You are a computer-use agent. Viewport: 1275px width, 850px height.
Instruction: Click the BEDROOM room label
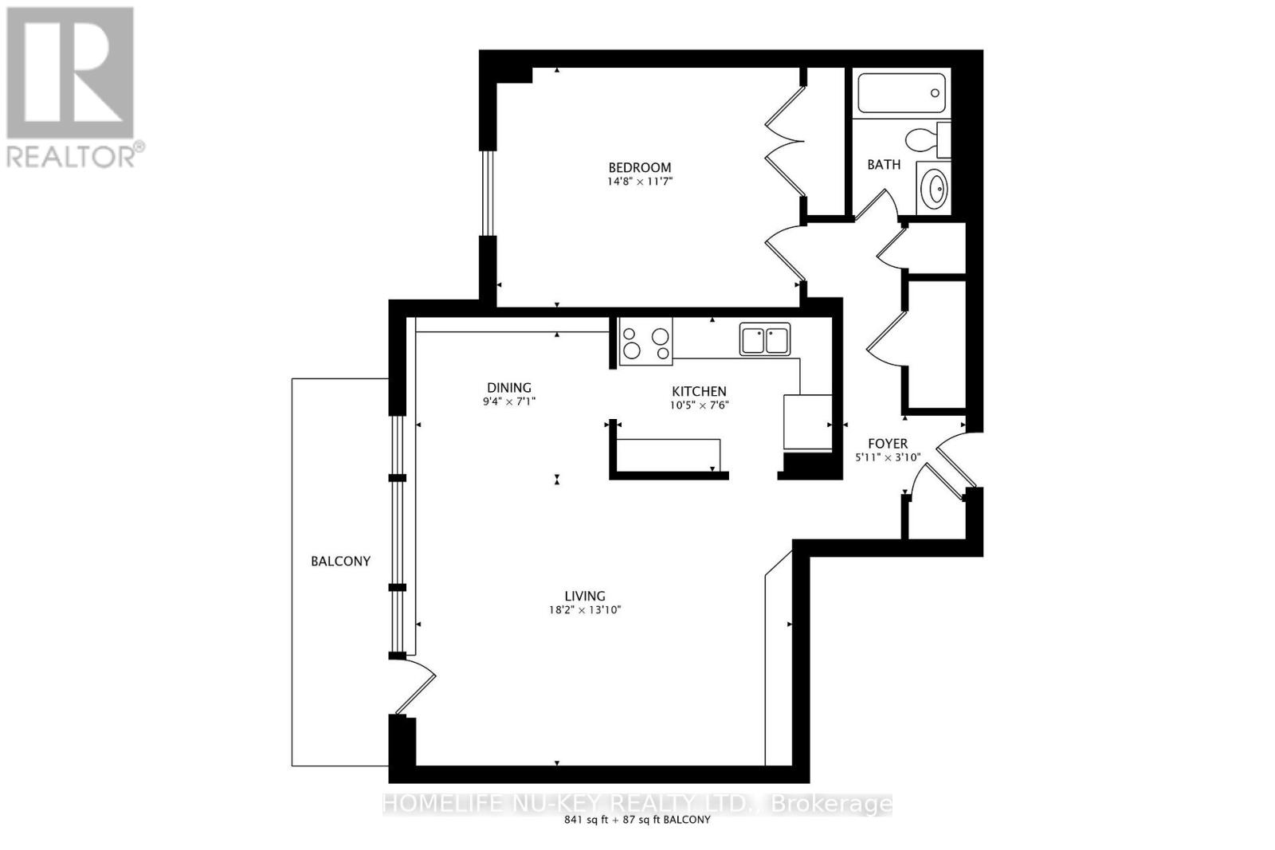[x=639, y=167]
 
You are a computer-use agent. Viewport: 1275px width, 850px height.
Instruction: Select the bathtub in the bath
[x=901, y=93]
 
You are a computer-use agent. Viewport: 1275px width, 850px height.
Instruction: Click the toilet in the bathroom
[x=928, y=139]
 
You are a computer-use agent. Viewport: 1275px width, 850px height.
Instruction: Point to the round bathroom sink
[x=933, y=189]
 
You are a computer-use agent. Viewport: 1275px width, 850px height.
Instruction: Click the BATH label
[x=884, y=165]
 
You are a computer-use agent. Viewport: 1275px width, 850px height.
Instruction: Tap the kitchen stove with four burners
[x=645, y=341]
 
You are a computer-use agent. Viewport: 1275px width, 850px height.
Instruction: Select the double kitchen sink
[x=764, y=339]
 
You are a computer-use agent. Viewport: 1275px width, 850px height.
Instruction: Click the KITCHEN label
[x=699, y=391]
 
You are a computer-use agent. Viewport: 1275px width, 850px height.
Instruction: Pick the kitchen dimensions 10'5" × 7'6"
[x=699, y=405]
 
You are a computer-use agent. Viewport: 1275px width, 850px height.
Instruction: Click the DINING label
[x=509, y=388]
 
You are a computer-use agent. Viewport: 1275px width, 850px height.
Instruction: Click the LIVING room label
[x=585, y=596]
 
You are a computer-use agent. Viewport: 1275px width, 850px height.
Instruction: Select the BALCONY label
[x=340, y=561]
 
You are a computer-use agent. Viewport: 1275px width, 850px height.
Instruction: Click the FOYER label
[x=888, y=444]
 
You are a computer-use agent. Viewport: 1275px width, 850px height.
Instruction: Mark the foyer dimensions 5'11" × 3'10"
[x=888, y=457]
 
